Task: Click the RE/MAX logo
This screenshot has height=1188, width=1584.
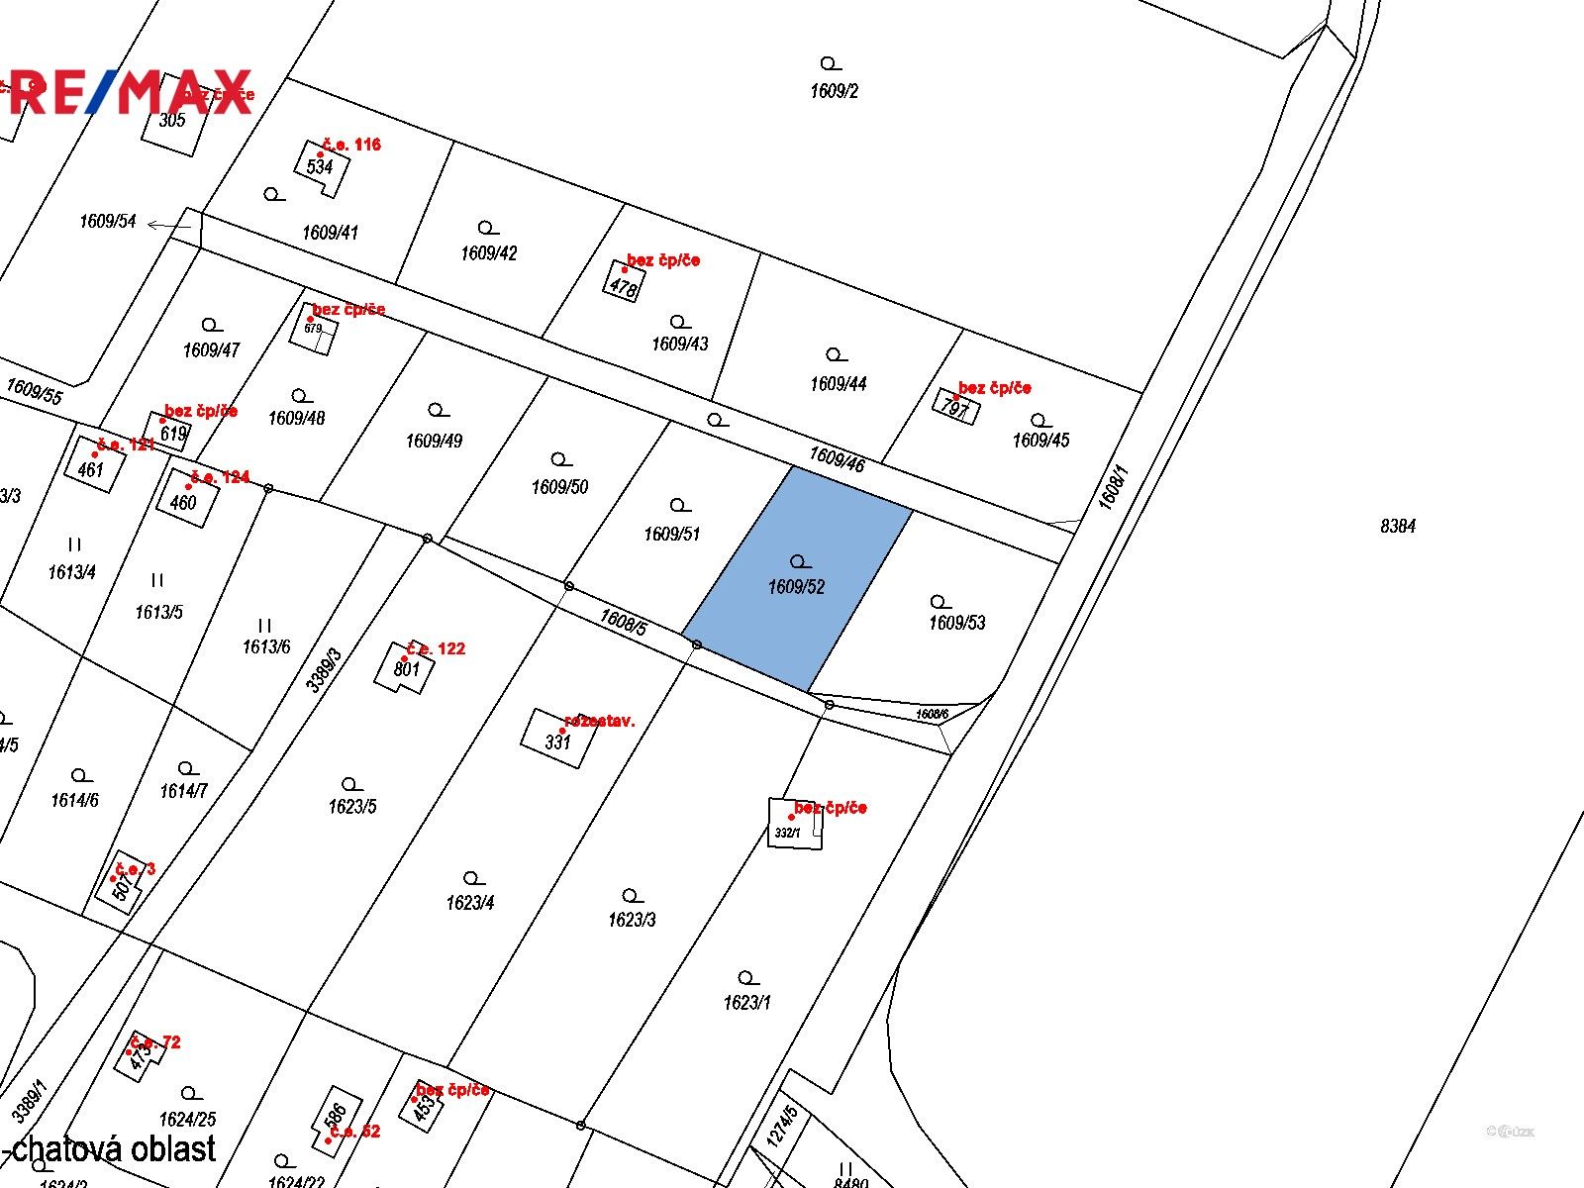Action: pyautogui.click(x=129, y=91)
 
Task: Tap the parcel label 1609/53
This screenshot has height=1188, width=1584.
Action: pyautogui.click(x=956, y=623)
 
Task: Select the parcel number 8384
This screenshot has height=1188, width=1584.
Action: pyautogui.click(x=1398, y=526)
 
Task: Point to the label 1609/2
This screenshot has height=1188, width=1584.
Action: pyautogui.click(x=834, y=91)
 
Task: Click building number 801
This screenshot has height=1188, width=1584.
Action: pyautogui.click(x=406, y=668)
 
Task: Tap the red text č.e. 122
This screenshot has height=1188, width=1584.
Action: pyautogui.click(x=436, y=648)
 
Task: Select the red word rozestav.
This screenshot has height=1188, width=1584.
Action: pyautogui.click(x=599, y=721)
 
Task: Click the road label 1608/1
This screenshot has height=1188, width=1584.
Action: pyautogui.click(x=1113, y=487)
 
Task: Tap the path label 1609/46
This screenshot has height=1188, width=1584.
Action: pyautogui.click(x=837, y=458)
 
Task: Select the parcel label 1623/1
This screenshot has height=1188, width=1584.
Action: pyautogui.click(x=746, y=1002)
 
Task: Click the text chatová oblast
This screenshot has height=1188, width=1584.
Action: pyautogui.click(x=114, y=1148)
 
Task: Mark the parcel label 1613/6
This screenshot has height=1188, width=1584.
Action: pyautogui.click(x=266, y=646)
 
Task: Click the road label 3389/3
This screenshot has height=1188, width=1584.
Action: pyautogui.click(x=323, y=670)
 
